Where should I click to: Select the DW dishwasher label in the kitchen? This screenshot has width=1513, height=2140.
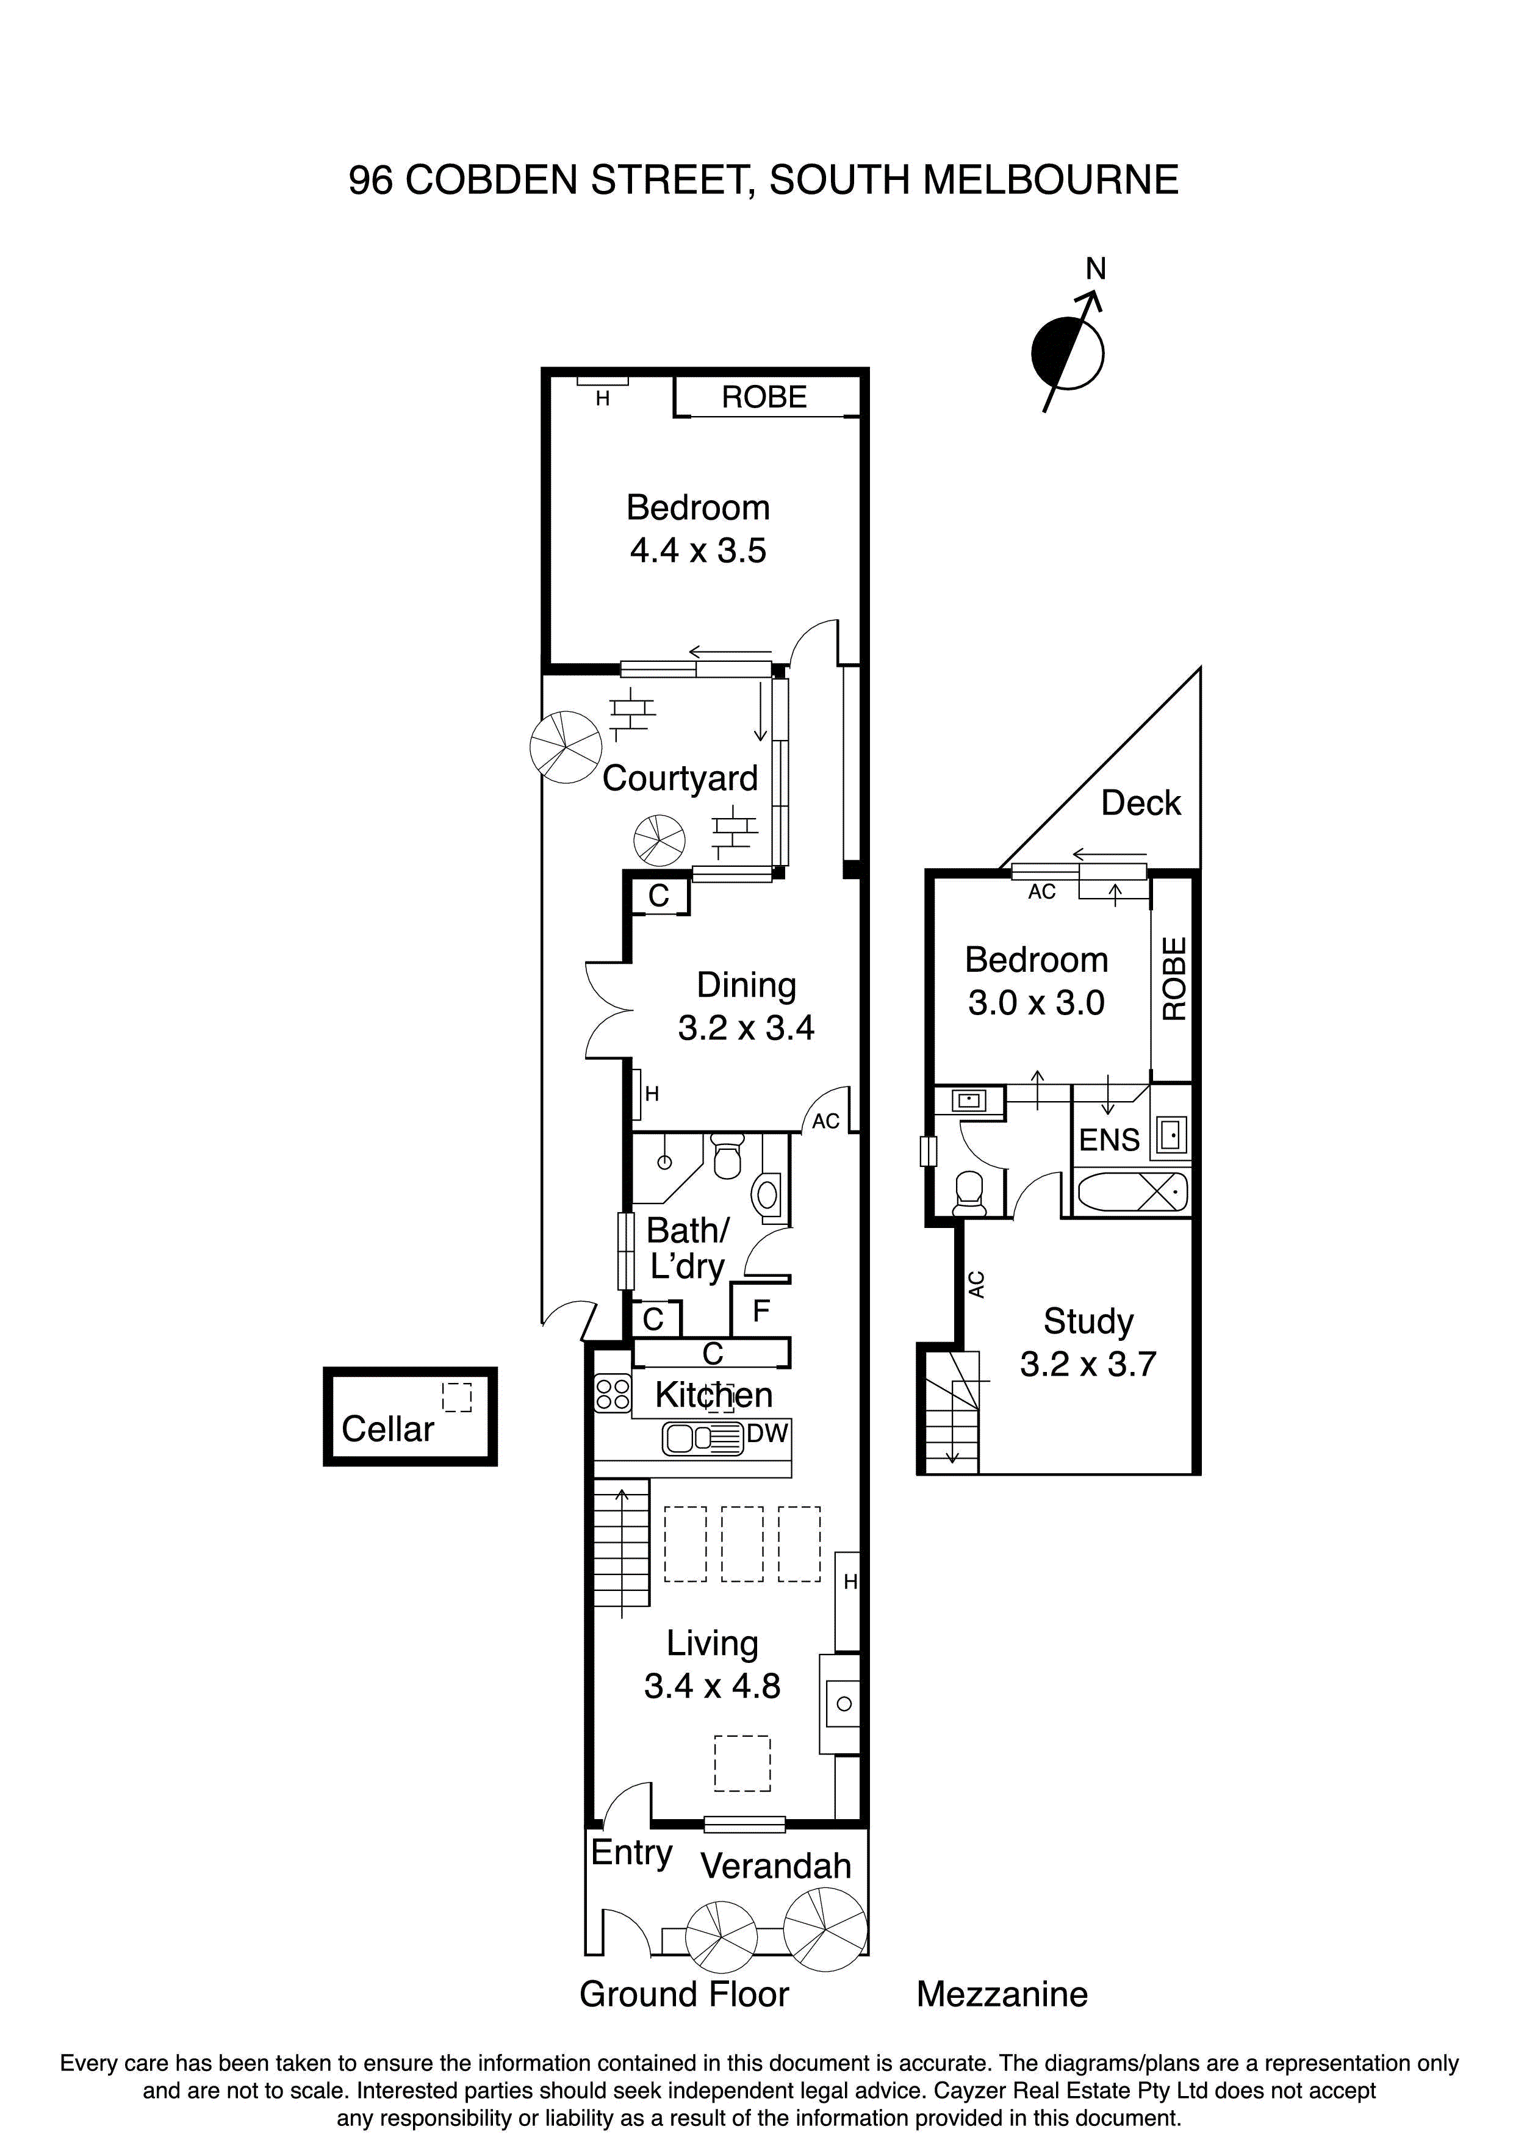(x=767, y=1434)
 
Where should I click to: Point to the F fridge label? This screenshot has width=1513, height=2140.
(x=761, y=1310)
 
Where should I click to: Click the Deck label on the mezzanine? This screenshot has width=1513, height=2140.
(x=1140, y=803)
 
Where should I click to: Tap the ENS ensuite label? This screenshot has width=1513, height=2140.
(x=1109, y=1139)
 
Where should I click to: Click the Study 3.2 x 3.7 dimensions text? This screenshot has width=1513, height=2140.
(x=1087, y=1363)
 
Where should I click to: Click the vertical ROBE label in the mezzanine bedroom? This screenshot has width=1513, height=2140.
(x=1174, y=978)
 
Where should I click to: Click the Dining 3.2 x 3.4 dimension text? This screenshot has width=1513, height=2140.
(x=746, y=1027)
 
